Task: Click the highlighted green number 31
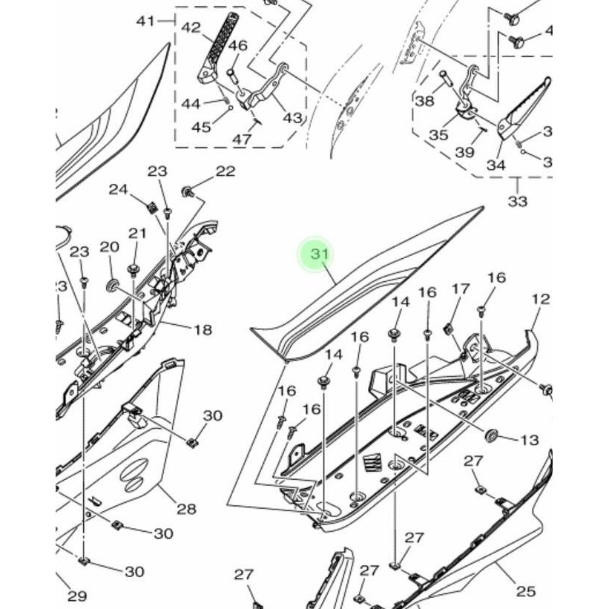point(319,254)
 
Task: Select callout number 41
point(145,21)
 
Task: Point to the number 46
point(237,46)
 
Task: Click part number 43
point(292,118)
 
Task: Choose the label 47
point(240,139)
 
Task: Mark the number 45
point(201,127)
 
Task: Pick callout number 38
point(424,101)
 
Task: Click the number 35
point(438,135)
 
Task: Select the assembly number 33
point(517,201)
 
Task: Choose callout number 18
point(203,329)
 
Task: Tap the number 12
point(541,299)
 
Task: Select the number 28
point(186,509)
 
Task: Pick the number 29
point(77,596)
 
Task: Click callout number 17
point(461,289)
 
